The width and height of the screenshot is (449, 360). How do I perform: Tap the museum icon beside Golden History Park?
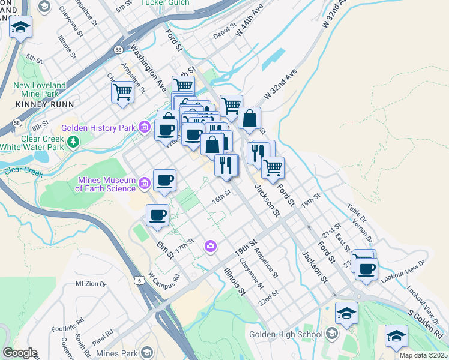click(x=144, y=127)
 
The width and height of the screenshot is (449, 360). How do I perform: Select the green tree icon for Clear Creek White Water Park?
click(x=73, y=142)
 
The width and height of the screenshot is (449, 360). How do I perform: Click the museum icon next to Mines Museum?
click(x=144, y=183)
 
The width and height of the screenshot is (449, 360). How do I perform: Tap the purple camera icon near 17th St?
click(x=210, y=245)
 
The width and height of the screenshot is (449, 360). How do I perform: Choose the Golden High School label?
click(x=286, y=334)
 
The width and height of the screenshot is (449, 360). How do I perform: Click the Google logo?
click(x=20, y=353)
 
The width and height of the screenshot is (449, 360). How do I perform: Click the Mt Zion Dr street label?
click(x=91, y=283)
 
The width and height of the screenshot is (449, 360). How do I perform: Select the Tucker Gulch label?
click(x=165, y=2)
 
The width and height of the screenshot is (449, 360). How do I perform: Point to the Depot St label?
click(x=225, y=29)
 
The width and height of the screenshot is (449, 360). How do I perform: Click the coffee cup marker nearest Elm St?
click(x=158, y=215)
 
